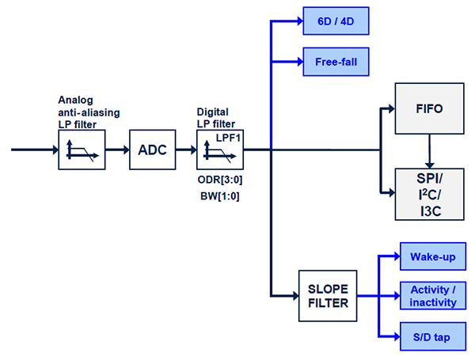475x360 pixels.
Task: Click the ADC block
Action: [151, 149]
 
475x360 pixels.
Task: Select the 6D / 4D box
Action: [336, 21]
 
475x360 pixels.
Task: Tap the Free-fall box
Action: [336, 62]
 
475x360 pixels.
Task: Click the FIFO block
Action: [428, 108]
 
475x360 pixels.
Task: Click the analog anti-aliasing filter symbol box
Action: [81, 149]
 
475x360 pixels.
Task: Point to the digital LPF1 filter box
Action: [220, 149]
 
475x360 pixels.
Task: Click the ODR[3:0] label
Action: [218, 180]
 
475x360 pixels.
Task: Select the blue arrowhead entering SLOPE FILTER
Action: [293, 295]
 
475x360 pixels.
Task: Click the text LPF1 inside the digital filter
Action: [228, 138]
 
